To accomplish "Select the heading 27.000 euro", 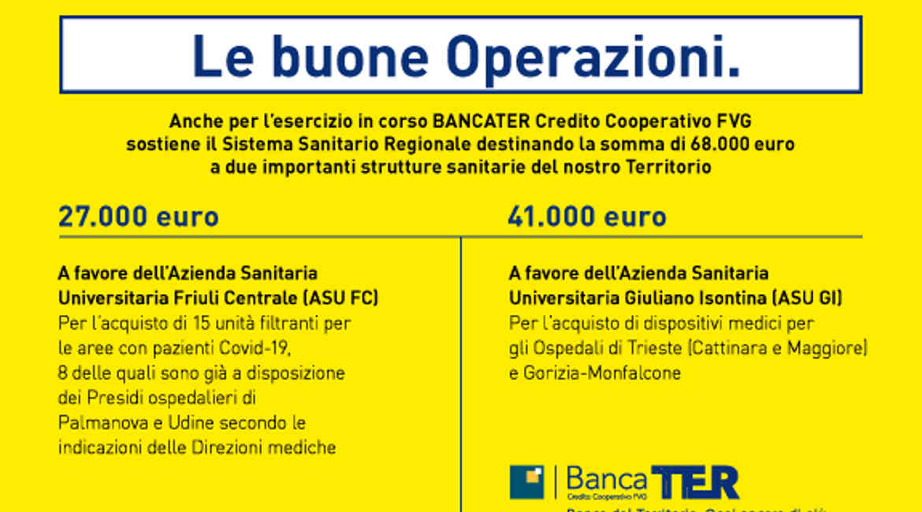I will [139, 217].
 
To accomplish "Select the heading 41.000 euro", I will [587, 217].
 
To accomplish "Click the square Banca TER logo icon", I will [526, 482].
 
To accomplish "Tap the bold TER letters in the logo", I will [695, 482].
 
